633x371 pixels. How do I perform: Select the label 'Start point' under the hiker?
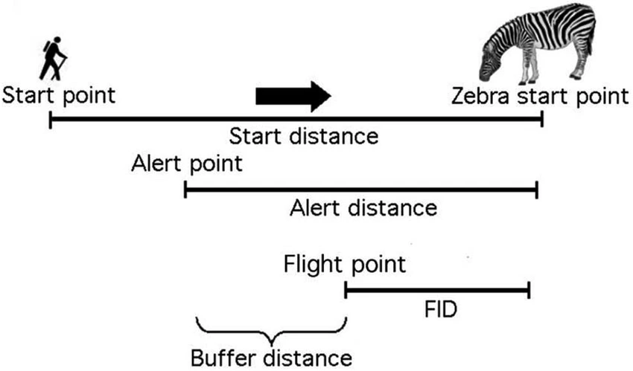pos(59,96)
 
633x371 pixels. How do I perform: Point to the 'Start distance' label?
pos(304,136)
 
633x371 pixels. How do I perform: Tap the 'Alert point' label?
pos(185,164)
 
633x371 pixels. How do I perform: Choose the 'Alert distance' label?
pos(363,207)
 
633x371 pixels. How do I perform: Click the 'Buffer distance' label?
pos(270,356)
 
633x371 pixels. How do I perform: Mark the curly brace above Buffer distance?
pos(272,327)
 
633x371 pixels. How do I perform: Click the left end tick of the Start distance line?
pos(50,118)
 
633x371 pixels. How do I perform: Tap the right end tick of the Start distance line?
pos(542,118)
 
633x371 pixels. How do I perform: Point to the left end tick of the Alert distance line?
pos(185,191)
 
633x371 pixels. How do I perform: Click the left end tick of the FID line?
pos(346,289)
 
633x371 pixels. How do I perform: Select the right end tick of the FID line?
pos(529,289)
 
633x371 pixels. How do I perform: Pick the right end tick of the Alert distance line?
pos(536,191)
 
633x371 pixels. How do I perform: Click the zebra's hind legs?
pos(579,63)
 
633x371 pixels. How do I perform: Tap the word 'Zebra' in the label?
pos(475,96)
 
